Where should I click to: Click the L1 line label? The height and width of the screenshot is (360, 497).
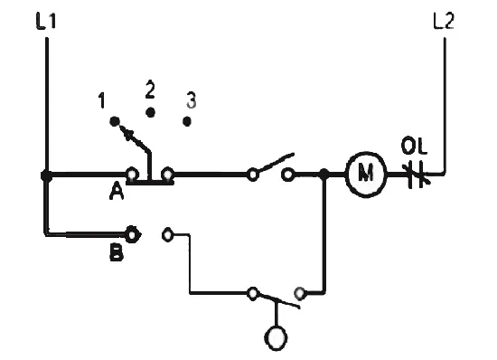pyautogui.click(x=46, y=21)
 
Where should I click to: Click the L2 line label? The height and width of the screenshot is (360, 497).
pyautogui.click(x=444, y=21)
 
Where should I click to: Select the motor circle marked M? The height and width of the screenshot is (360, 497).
pyautogui.click(x=366, y=175)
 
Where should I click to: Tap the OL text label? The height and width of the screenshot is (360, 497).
pyautogui.click(x=414, y=147)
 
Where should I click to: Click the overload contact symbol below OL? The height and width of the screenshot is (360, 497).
pyautogui.click(x=417, y=175)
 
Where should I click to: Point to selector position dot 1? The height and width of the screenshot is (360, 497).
pyautogui.click(x=115, y=121)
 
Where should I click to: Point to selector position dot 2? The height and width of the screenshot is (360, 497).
pyautogui.click(x=150, y=112)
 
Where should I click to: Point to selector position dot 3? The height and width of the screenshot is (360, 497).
pyautogui.click(x=187, y=121)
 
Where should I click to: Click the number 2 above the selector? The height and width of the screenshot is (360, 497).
pyautogui.click(x=150, y=90)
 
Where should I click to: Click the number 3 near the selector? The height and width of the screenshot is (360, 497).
pyautogui.click(x=191, y=99)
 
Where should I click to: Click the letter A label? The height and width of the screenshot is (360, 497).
pyautogui.click(x=117, y=191)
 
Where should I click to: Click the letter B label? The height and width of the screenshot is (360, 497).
pyautogui.click(x=117, y=253)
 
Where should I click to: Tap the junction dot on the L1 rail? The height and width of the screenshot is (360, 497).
pyautogui.click(x=47, y=175)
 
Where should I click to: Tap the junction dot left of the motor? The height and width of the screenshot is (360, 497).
pyautogui.click(x=324, y=174)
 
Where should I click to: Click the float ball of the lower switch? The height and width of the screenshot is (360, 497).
pyautogui.click(x=277, y=337)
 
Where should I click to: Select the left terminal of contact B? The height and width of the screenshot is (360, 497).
pyautogui.click(x=132, y=234)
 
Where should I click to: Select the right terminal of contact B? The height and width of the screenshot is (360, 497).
pyautogui.click(x=168, y=235)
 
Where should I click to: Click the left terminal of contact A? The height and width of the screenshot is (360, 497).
pyautogui.click(x=132, y=175)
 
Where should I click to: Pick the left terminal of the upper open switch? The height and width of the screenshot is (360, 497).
pyautogui.click(x=253, y=175)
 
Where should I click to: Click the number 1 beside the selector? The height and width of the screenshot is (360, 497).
pyautogui.click(x=101, y=100)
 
